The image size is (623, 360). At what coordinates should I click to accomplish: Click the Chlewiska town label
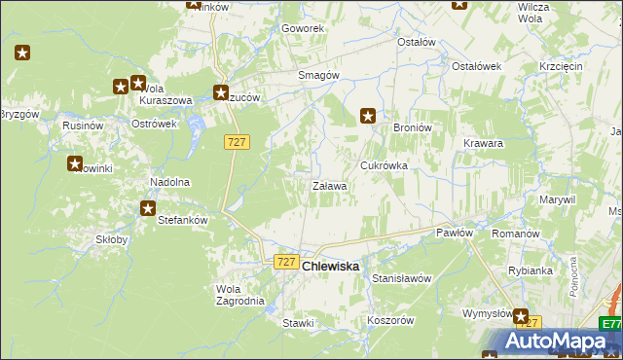click(331, 266)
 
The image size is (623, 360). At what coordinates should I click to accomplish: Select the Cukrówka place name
click(384, 165)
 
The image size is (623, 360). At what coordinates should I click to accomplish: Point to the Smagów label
click(317, 75)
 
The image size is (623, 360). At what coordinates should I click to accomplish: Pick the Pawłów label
click(454, 233)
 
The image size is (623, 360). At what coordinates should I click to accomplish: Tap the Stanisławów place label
click(401, 278)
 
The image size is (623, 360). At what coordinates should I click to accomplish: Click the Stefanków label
click(183, 220)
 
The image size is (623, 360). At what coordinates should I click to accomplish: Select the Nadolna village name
click(168, 182)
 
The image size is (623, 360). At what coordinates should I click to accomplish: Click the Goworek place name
click(302, 28)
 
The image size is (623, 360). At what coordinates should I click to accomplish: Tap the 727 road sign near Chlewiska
click(285, 262)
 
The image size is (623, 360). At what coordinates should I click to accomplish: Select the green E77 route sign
click(610, 324)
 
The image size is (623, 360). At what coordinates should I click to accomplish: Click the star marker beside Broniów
click(368, 116)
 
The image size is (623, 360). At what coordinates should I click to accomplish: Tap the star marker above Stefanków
click(148, 207)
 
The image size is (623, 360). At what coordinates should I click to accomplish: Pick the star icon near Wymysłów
click(522, 317)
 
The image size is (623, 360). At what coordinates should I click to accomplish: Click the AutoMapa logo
click(561, 341)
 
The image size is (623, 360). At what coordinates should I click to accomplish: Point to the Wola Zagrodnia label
click(239, 295)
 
